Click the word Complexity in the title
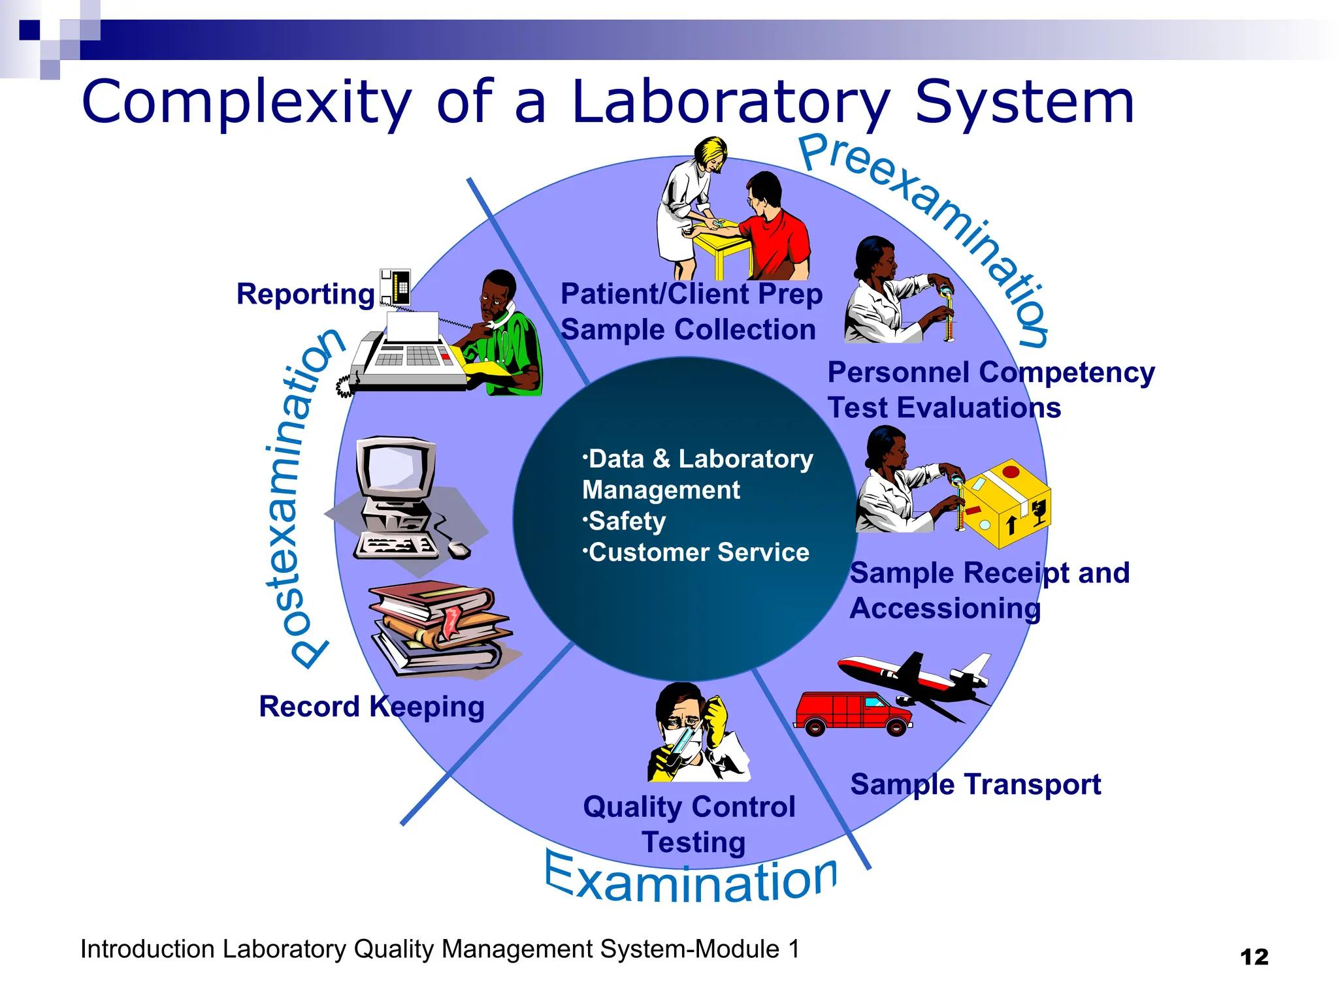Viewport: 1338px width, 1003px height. [x=246, y=102]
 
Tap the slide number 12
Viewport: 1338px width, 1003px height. [x=1254, y=957]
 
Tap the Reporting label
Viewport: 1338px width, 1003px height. [x=305, y=295]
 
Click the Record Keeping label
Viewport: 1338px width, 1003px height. [x=371, y=707]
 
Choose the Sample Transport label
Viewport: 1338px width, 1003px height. [x=975, y=784]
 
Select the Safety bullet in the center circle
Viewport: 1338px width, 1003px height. [x=627, y=522]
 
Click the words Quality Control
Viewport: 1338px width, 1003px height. [x=689, y=807]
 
